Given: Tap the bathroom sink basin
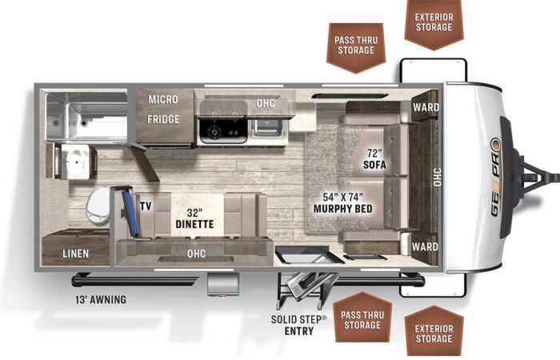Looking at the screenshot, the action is tap(76, 162).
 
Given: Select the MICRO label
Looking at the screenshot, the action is tap(163, 99).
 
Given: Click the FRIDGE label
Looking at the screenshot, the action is tap(163, 119).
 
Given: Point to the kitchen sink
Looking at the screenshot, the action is tap(267, 127).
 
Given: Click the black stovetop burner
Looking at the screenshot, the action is tap(215, 132).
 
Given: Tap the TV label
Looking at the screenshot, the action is tap(146, 206).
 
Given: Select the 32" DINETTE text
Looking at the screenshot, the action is tap(194, 218).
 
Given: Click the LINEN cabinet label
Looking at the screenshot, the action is tap(76, 254).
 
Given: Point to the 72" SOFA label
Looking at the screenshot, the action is tap(374, 159).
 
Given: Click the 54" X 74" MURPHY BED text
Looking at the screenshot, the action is tap(343, 203).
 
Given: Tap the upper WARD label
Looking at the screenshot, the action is tap(426, 107).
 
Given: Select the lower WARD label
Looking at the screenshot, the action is tap(425, 246).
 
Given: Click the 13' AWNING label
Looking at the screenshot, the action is tap(101, 300).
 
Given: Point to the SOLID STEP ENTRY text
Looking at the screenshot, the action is tap(299, 325).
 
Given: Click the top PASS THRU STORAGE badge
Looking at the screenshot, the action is tap(356, 48).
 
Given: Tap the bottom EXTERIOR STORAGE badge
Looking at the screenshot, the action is tap(434, 332).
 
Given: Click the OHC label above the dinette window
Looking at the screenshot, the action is tap(197, 254).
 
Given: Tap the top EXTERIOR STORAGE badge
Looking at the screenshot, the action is tap(434, 23).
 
